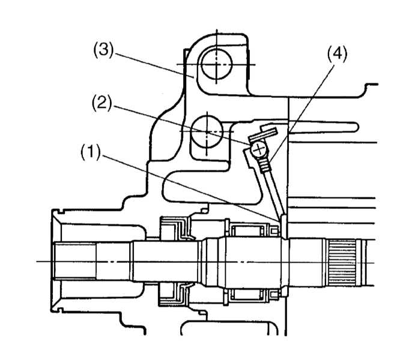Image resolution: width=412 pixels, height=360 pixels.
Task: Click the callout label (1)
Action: (91, 152)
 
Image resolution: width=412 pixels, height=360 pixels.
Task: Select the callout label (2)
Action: (102, 103)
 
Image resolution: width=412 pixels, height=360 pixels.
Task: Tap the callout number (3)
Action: (103, 50)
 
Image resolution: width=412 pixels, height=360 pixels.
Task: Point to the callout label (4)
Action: (337, 55)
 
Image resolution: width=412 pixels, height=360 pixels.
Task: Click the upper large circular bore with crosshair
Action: (216, 64)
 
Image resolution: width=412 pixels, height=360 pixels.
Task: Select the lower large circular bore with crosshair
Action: (207, 131)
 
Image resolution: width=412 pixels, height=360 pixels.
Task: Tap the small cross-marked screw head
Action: (259, 149)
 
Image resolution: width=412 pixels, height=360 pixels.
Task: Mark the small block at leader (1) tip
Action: (283, 226)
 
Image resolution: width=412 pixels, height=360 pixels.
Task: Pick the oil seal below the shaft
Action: (175, 294)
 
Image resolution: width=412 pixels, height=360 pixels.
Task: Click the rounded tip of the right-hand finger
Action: (355, 127)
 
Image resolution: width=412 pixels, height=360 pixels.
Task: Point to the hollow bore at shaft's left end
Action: (75, 261)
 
